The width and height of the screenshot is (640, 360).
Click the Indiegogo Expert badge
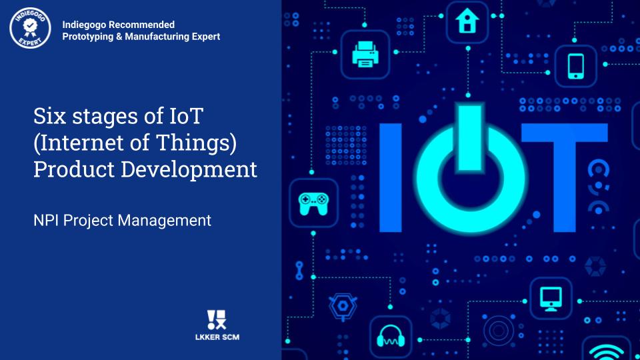tap(30, 28)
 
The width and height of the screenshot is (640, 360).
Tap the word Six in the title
tap(49, 116)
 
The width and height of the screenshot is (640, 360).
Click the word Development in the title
tap(189, 169)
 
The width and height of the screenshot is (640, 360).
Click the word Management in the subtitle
tap(164, 221)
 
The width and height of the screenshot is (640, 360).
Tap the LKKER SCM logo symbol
tap(217, 319)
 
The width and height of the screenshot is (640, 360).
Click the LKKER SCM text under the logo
tap(217, 337)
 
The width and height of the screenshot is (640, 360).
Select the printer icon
tap(365, 54)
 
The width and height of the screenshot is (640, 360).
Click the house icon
tap(467, 21)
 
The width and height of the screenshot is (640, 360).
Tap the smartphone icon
tap(576, 66)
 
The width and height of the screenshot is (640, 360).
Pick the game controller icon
tap(313, 203)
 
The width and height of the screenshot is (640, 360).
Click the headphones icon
tap(391, 336)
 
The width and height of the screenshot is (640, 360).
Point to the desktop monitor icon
tap(551, 299)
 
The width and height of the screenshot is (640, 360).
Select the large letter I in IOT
tap(391, 177)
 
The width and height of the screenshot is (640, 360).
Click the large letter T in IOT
tap(565, 177)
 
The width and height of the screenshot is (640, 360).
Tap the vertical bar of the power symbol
tap(470, 137)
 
